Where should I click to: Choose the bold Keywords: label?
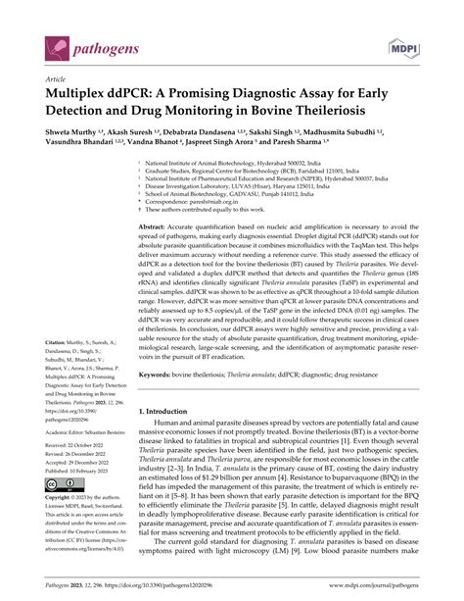[159, 401]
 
